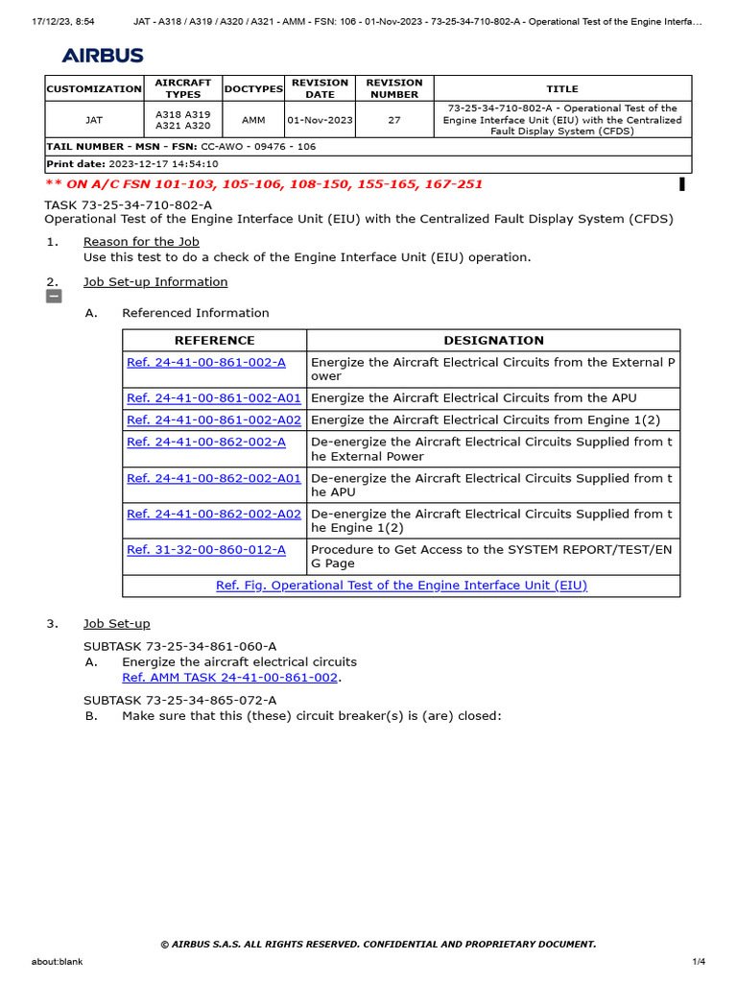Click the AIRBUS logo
pyautogui.click(x=103, y=56)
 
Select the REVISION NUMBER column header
pyautogui.click(x=394, y=88)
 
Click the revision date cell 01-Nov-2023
pyautogui.click(x=320, y=120)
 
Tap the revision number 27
pyautogui.click(x=394, y=120)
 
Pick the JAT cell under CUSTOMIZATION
pyautogui.click(x=94, y=120)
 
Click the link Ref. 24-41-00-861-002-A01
pyautogui.click(x=214, y=398)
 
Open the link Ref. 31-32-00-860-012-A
pyautogui.click(x=206, y=549)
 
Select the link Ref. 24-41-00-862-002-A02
pyautogui.click(x=214, y=514)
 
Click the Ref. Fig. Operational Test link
pyautogui.click(x=401, y=585)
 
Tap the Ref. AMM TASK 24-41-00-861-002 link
pyautogui.click(x=230, y=677)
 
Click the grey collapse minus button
pyautogui.click(x=54, y=297)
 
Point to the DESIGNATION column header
pyautogui.click(x=493, y=341)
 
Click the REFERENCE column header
pyautogui.click(x=214, y=341)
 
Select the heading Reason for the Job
pyautogui.click(x=141, y=242)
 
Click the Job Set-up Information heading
pyautogui.click(x=155, y=282)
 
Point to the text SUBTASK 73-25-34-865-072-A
pyautogui.click(x=179, y=701)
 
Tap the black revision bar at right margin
pyautogui.click(x=681, y=184)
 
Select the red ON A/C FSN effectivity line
pyautogui.click(x=264, y=184)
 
